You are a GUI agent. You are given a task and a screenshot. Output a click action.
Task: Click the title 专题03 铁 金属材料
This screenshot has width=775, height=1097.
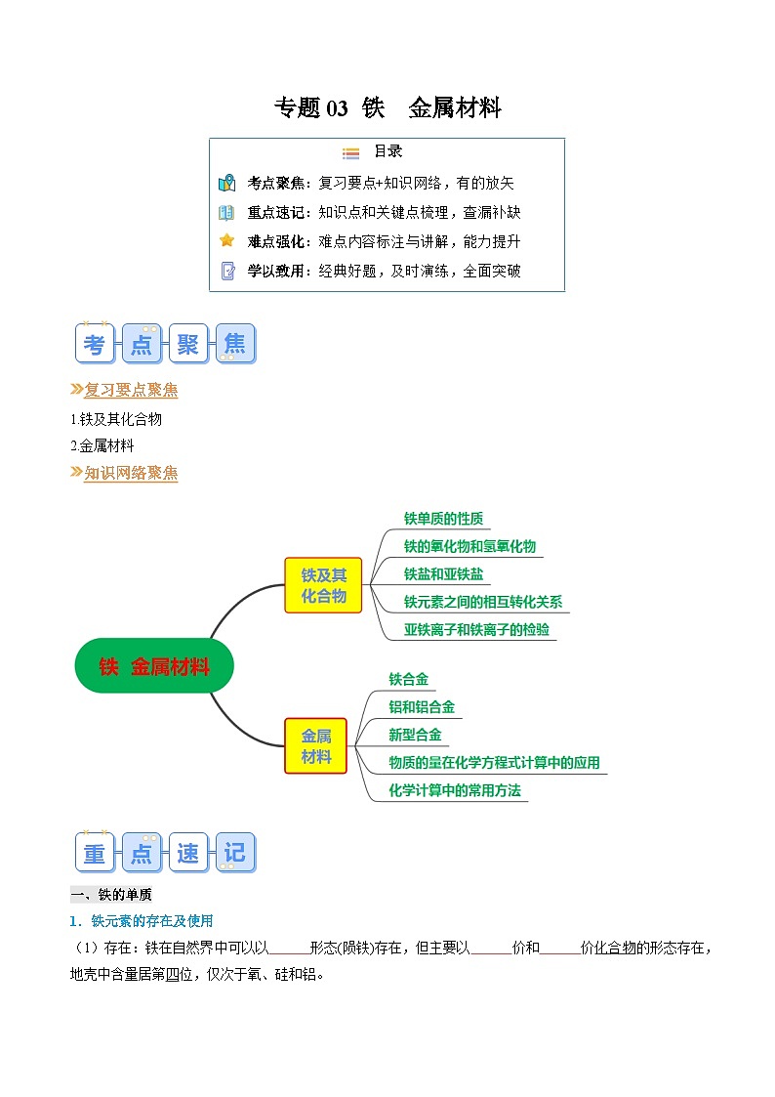point(387,108)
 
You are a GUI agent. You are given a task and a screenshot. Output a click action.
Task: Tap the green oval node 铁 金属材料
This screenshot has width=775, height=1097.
point(154,666)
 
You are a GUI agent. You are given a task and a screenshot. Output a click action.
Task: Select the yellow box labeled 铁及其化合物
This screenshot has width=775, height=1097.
point(323,585)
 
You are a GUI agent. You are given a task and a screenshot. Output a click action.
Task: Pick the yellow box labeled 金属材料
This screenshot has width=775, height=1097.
point(315,746)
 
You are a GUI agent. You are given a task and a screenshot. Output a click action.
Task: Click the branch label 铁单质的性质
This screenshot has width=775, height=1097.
point(443,519)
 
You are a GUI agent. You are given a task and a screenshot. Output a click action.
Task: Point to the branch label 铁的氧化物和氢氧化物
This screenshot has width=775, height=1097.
point(469,546)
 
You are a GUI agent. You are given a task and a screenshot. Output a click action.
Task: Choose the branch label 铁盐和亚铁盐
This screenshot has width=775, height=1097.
point(443,574)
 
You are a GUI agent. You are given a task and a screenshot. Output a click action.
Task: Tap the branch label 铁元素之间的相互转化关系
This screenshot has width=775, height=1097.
point(483,602)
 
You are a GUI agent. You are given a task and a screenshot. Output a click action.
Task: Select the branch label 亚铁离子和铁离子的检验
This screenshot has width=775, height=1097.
point(476,630)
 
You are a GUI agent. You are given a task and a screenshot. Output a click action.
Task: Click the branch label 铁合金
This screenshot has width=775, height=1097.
point(408,679)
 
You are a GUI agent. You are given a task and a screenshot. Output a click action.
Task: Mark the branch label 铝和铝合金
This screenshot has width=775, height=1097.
point(422,707)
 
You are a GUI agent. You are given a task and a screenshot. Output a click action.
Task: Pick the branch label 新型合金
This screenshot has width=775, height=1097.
point(415,735)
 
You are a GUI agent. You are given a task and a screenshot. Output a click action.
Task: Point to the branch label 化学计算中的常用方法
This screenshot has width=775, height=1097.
point(455,790)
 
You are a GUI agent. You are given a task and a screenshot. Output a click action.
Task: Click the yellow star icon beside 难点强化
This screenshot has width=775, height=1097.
point(226,240)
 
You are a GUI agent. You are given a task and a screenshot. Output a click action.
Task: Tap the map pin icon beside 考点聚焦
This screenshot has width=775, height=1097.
point(226,183)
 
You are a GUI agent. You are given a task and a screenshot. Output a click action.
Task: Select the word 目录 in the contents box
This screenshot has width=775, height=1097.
point(387,152)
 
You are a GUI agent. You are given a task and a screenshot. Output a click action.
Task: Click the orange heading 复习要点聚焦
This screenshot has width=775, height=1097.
point(131,390)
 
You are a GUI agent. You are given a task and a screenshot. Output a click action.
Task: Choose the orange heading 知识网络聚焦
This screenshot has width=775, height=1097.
point(131,474)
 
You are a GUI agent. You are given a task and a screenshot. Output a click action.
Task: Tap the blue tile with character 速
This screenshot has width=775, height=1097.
point(188,852)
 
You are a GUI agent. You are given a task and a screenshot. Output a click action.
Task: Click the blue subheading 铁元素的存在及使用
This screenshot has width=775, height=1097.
point(151,920)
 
